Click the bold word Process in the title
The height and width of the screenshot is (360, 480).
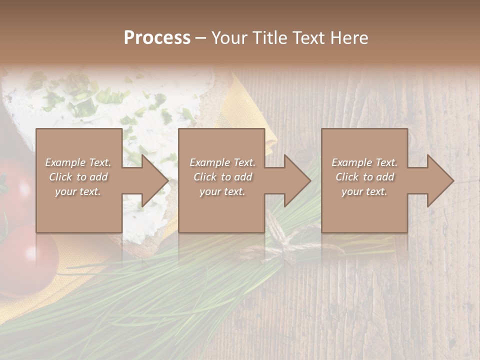point(157,38)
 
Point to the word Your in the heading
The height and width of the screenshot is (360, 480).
point(229,38)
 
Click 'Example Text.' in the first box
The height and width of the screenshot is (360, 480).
point(78,162)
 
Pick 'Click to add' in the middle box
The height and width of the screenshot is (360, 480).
point(222,177)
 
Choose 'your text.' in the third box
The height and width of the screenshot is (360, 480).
point(364,191)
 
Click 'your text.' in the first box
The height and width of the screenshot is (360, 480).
point(78,191)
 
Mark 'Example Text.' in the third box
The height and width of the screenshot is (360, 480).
point(364,162)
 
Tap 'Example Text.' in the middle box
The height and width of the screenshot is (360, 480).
point(222,162)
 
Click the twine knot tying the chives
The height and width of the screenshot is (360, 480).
point(283,239)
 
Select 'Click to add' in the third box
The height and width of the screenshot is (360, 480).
point(364,177)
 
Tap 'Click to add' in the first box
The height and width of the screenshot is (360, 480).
point(78,177)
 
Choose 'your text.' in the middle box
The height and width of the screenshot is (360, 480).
point(222,191)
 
